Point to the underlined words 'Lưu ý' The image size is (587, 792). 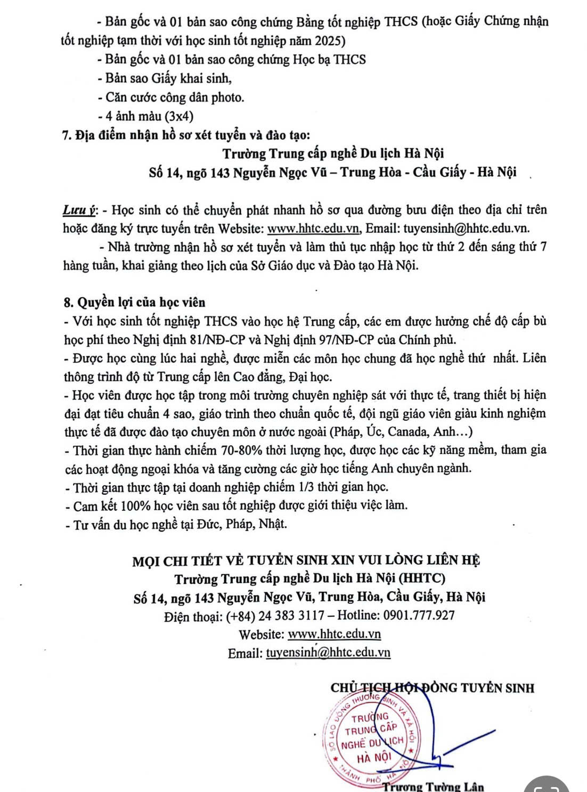pyautogui.click(x=79, y=210)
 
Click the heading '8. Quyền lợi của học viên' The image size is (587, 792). pyautogui.click(x=134, y=302)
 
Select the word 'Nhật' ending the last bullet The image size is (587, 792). pyautogui.click(x=273, y=524)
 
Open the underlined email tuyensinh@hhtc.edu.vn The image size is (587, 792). pyautogui.click(x=328, y=652)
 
